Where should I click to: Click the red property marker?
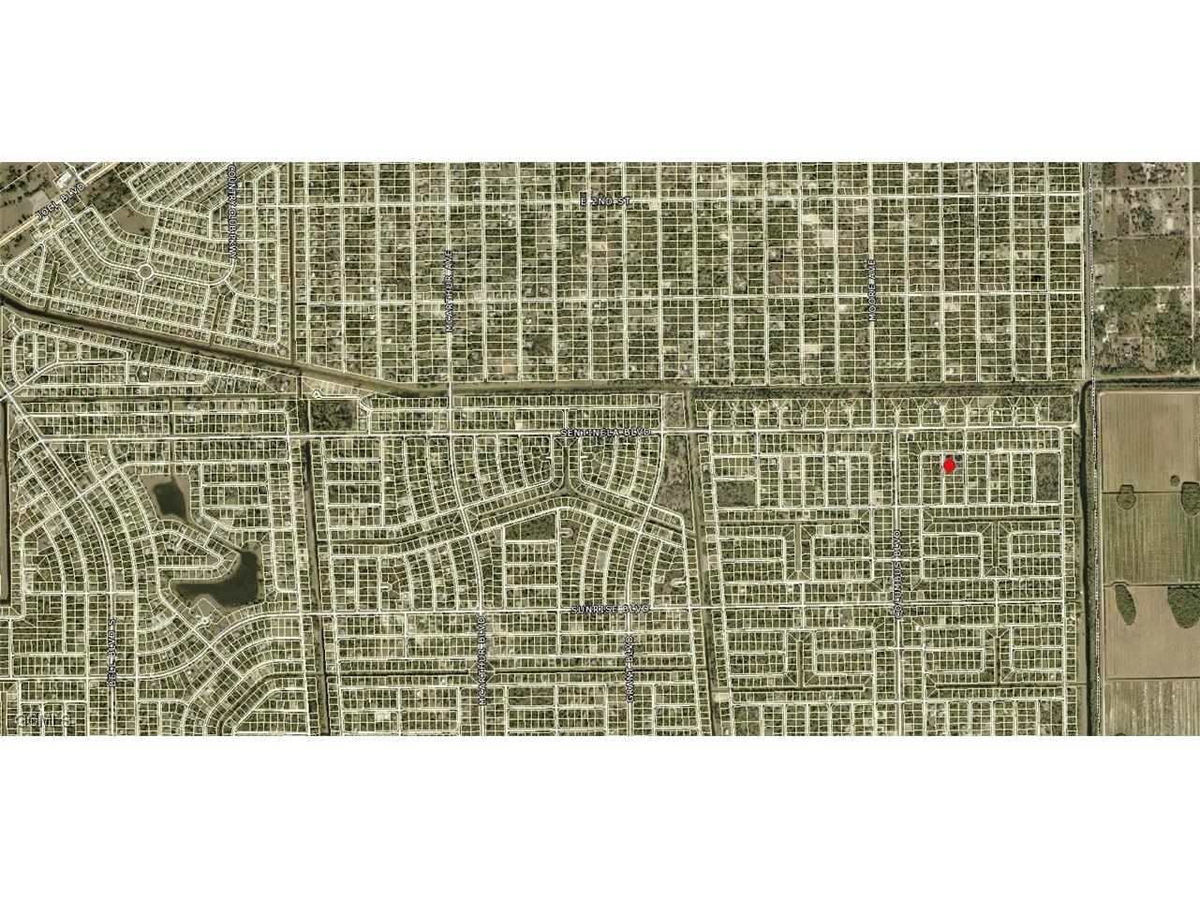[949, 464]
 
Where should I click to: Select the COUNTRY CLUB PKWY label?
[231, 214]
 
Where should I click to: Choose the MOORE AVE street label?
[871, 291]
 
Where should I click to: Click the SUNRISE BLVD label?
[610, 609]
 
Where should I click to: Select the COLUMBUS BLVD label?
[896, 574]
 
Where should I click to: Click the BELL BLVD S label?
[111, 652]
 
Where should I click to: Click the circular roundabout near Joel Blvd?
[144, 273]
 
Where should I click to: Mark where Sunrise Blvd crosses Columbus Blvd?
[896, 609]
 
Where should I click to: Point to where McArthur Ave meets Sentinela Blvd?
[451, 434]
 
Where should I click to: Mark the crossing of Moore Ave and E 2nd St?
[871, 201]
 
